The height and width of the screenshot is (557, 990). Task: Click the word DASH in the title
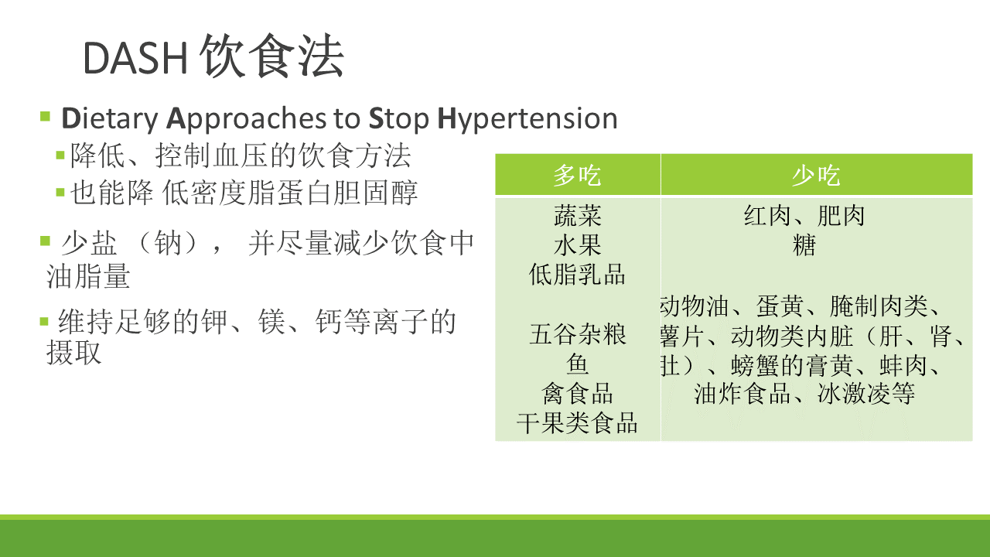pos(135,58)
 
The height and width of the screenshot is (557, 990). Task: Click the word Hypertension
pos(527,120)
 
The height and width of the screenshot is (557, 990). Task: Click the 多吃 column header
pos(577,175)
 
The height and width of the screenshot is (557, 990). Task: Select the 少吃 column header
pos(816,175)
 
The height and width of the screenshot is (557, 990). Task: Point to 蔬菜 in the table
pos(577,216)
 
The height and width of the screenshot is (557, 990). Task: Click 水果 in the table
pos(577,245)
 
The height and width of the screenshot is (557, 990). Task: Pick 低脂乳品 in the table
pos(577,275)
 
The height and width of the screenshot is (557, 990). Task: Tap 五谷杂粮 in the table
pos(577,334)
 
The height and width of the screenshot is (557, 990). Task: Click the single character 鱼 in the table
pos(577,364)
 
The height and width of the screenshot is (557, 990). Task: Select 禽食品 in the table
pos(577,394)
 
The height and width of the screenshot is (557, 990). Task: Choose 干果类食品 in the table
pos(577,423)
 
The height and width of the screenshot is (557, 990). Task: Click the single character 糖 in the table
pos(804,245)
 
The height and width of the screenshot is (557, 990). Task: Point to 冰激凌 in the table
pos(853,394)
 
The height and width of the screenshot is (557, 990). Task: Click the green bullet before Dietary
pos(45,117)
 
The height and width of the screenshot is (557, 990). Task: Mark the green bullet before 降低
pos(60,155)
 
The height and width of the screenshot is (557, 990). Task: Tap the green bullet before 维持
pos(44,321)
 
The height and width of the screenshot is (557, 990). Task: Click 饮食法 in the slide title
pos(271,56)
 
